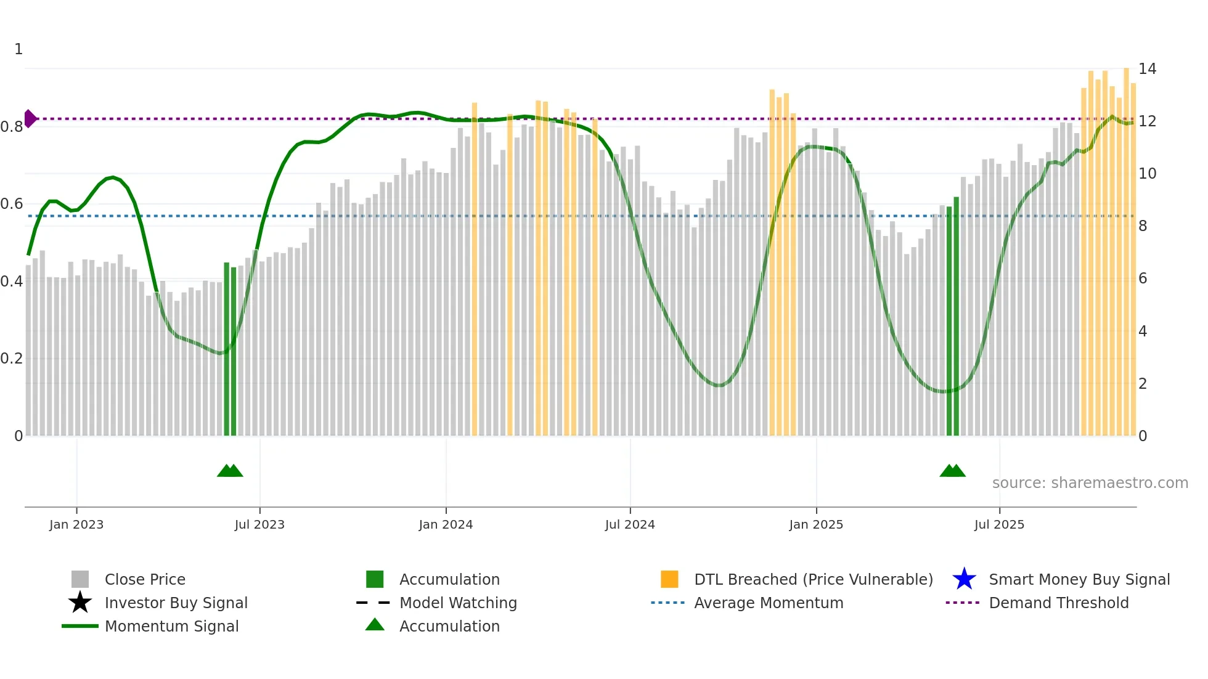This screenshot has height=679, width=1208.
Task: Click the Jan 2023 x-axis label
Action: click(x=76, y=524)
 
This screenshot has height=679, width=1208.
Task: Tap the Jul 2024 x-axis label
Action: click(x=630, y=524)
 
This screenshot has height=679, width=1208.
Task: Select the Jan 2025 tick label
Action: click(x=816, y=524)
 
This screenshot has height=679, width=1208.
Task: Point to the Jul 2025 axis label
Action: click(x=999, y=524)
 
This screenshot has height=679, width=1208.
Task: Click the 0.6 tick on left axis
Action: click(x=12, y=204)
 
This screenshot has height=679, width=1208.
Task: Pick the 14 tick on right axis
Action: click(x=1147, y=69)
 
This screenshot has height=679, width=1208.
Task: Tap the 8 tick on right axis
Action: click(x=1143, y=226)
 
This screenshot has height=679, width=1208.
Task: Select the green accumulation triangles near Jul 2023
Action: click(x=230, y=471)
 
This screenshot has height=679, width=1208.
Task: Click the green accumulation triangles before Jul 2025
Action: click(x=952, y=471)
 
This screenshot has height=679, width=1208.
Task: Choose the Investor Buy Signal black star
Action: click(x=80, y=603)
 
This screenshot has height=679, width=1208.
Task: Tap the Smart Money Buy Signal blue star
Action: click(x=964, y=579)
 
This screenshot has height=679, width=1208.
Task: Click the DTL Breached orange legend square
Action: click(x=669, y=579)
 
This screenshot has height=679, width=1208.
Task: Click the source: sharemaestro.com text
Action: click(x=1090, y=483)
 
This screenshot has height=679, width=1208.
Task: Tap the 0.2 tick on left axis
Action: click(x=12, y=359)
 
